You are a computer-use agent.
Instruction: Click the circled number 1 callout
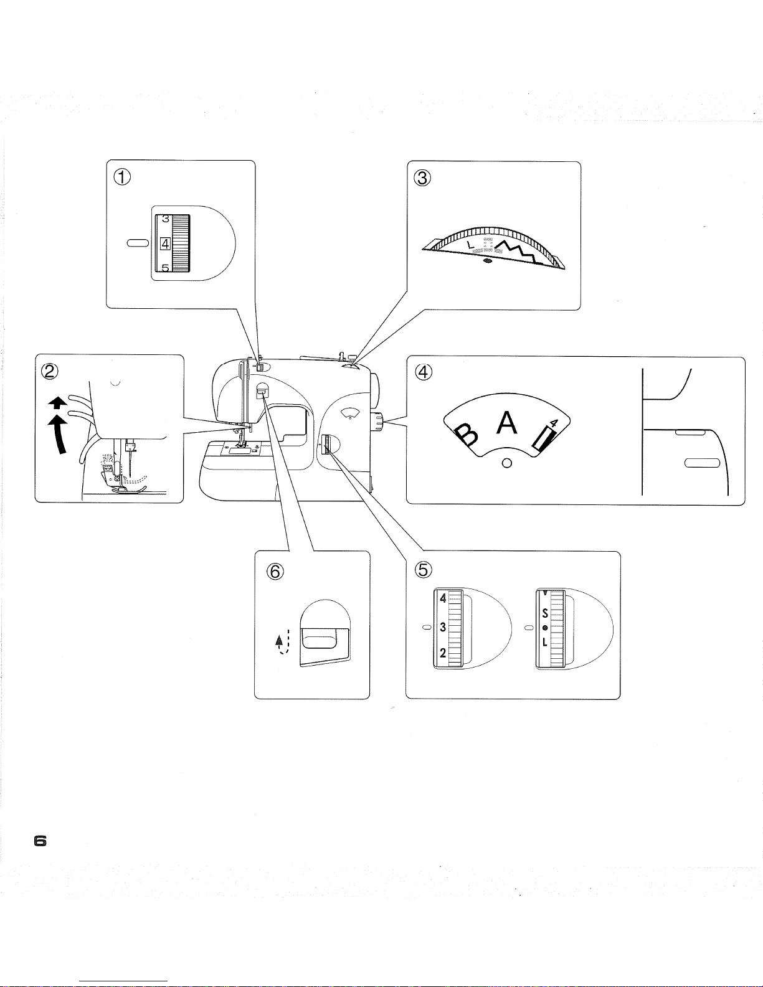point(123,177)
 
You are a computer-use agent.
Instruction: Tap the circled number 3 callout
point(423,178)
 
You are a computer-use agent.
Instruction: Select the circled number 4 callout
point(423,372)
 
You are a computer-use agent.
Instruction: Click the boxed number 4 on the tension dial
point(165,243)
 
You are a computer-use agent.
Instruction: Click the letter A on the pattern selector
point(507,423)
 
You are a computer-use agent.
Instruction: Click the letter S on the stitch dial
point(545,613)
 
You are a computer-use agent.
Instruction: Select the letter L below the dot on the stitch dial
point(545,642)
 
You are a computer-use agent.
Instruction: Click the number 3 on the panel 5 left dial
point(443,626)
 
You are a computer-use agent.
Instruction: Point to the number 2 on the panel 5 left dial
point(443,653)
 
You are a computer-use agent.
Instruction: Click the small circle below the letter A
point(507,463)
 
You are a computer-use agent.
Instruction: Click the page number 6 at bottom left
point(40,841)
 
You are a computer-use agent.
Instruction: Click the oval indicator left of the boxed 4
point(138,243)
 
